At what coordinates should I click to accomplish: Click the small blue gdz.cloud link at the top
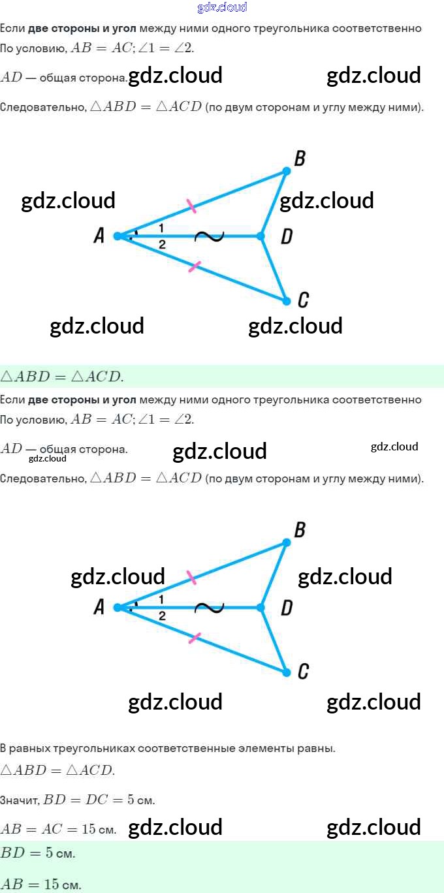(222, 8)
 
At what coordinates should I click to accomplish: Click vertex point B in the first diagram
(286, 171)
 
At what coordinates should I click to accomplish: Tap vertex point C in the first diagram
(286, 301)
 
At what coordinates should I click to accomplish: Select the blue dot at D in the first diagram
(261, 236)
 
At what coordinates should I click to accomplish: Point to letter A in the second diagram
(99, 608)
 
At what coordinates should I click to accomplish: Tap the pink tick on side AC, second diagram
(194, 638)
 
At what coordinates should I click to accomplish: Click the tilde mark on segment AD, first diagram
(210, 236)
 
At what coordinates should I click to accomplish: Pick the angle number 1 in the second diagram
(161, 599)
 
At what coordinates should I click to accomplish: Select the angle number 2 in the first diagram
(161, 245)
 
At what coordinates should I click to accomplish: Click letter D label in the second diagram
(286, 608)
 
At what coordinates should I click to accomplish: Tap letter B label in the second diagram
(300, 530)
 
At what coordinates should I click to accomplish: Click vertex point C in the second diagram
(286, 672)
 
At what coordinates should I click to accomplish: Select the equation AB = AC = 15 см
(59, 830)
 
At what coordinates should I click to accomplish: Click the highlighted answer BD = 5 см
(38, 853)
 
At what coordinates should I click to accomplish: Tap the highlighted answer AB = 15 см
(40, 885)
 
